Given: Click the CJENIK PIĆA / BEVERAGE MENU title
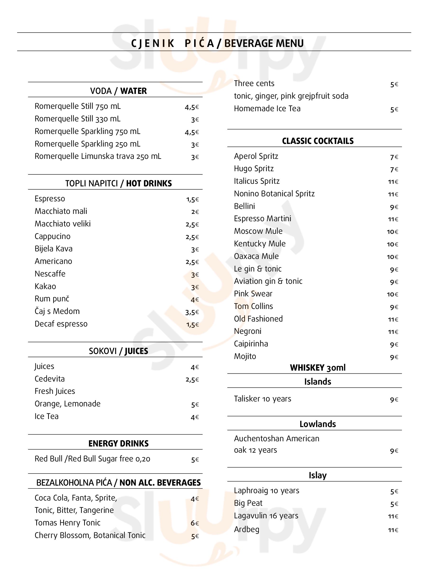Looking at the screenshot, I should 217,43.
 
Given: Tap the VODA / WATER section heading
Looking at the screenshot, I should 118,91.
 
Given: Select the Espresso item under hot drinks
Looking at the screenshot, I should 50,199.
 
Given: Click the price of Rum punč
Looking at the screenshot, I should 195,300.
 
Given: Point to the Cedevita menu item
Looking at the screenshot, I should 50,379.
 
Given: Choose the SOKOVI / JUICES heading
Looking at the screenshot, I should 118,351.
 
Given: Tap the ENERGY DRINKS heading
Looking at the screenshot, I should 118,443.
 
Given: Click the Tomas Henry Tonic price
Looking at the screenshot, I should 195,523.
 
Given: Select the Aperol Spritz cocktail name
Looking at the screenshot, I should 256,156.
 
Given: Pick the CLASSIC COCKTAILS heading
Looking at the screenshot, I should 318,141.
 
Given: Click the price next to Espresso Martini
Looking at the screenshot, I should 393,219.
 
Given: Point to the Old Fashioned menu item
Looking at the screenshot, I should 258,319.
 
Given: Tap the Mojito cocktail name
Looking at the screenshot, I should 245,356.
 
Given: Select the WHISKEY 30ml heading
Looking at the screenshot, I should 318,368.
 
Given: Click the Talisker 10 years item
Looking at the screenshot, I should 262,399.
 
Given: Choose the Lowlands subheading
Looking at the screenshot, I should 318,424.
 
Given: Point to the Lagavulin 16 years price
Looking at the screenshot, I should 393,516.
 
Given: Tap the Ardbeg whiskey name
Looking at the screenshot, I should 247,529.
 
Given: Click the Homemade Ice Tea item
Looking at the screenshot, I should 267,109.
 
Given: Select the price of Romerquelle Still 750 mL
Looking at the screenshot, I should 192,107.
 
